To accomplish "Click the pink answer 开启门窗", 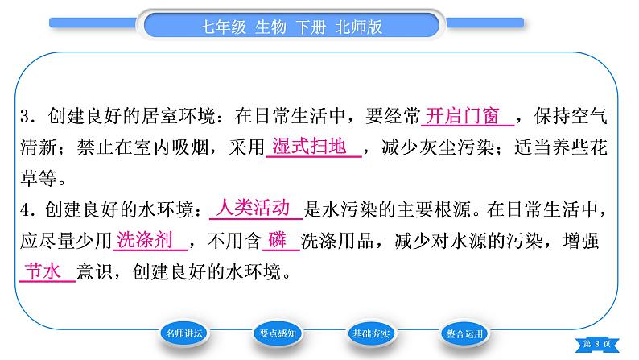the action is point(462,116).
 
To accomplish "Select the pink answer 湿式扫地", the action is point(309,147).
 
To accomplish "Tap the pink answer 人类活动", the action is point(253,208).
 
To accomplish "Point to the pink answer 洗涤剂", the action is point(145,240).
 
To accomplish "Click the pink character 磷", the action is point(277,240).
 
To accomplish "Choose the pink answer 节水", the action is point(43,271).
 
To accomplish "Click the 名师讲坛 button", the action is point(184,333).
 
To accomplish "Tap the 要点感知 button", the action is point(278,333).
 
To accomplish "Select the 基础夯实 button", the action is point(371,334).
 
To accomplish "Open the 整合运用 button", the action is point(464,334).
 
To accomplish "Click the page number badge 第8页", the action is point(597,344).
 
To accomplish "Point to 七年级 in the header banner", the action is point(223,27).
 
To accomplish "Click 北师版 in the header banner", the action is point(359,27).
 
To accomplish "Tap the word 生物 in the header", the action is point(271,27).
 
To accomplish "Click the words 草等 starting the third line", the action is point(39,178).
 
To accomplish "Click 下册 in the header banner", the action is point(311,27).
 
